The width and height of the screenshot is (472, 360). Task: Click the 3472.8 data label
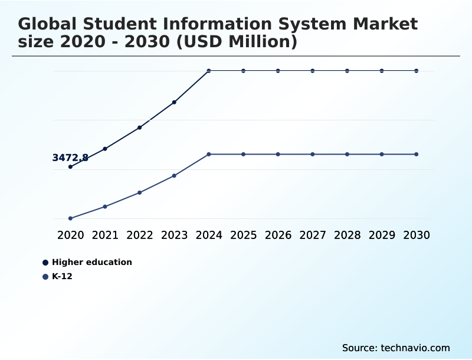coord(70,158)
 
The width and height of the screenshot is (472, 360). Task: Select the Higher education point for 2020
coord(70,167)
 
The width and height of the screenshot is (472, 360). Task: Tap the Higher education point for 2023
coord(174,102)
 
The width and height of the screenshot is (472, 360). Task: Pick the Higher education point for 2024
coord(209,71)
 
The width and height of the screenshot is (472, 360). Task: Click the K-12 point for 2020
coord(70,218)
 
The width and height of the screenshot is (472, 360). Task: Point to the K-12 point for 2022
coord(140,192)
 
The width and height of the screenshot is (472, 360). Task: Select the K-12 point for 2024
coord(209,154)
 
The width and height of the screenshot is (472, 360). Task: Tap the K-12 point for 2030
coord(417,154)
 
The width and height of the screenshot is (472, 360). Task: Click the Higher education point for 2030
coord(417,71)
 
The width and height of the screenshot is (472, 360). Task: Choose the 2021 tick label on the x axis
coord(105,235)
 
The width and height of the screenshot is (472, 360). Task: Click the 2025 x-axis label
coord(244,235)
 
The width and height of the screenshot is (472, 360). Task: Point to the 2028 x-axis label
coord(347,235)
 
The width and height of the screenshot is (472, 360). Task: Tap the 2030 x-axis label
coord(417,235)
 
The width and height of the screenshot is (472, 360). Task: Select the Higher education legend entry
coord(91,262)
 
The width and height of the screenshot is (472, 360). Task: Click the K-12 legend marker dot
coord(45,276)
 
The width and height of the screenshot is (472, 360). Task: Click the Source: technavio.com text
coord(396,348)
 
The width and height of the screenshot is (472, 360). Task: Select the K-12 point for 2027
coord(313,154)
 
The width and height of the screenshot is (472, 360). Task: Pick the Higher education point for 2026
coord(278,71)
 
